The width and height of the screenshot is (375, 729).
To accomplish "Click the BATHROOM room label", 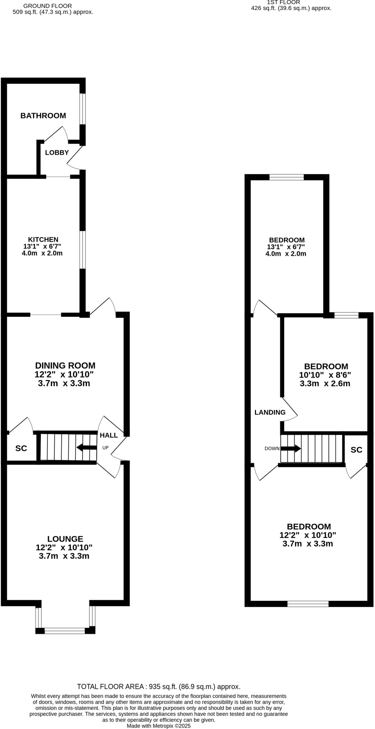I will (43, 116).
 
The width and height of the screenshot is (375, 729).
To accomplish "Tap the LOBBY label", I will (57, 153).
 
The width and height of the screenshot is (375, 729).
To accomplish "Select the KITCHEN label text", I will (43, 240).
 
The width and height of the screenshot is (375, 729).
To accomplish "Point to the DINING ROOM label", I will (65, 366).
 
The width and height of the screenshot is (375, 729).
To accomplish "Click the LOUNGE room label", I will (65, 539).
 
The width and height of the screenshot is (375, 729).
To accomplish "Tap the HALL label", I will (109, 435).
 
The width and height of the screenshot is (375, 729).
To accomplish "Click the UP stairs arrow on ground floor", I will (87, 447).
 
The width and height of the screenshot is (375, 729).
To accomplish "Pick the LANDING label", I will (270, 413).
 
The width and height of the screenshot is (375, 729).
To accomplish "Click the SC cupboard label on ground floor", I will (21, 449).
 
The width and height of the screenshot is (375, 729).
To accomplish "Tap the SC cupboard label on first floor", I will (356, 450).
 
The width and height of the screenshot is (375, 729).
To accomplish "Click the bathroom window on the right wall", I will (83, 109).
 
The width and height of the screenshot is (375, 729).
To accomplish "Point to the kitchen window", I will (83, 250).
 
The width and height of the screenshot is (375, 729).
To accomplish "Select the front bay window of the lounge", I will (65, 631).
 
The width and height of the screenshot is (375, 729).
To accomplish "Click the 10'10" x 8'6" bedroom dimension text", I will (325, 375).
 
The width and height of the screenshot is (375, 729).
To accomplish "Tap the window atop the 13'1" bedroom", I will (287, 177).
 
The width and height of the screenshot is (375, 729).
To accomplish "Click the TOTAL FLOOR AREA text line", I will (158, 687).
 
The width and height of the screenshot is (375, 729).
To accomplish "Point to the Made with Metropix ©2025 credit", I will (159, 726).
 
